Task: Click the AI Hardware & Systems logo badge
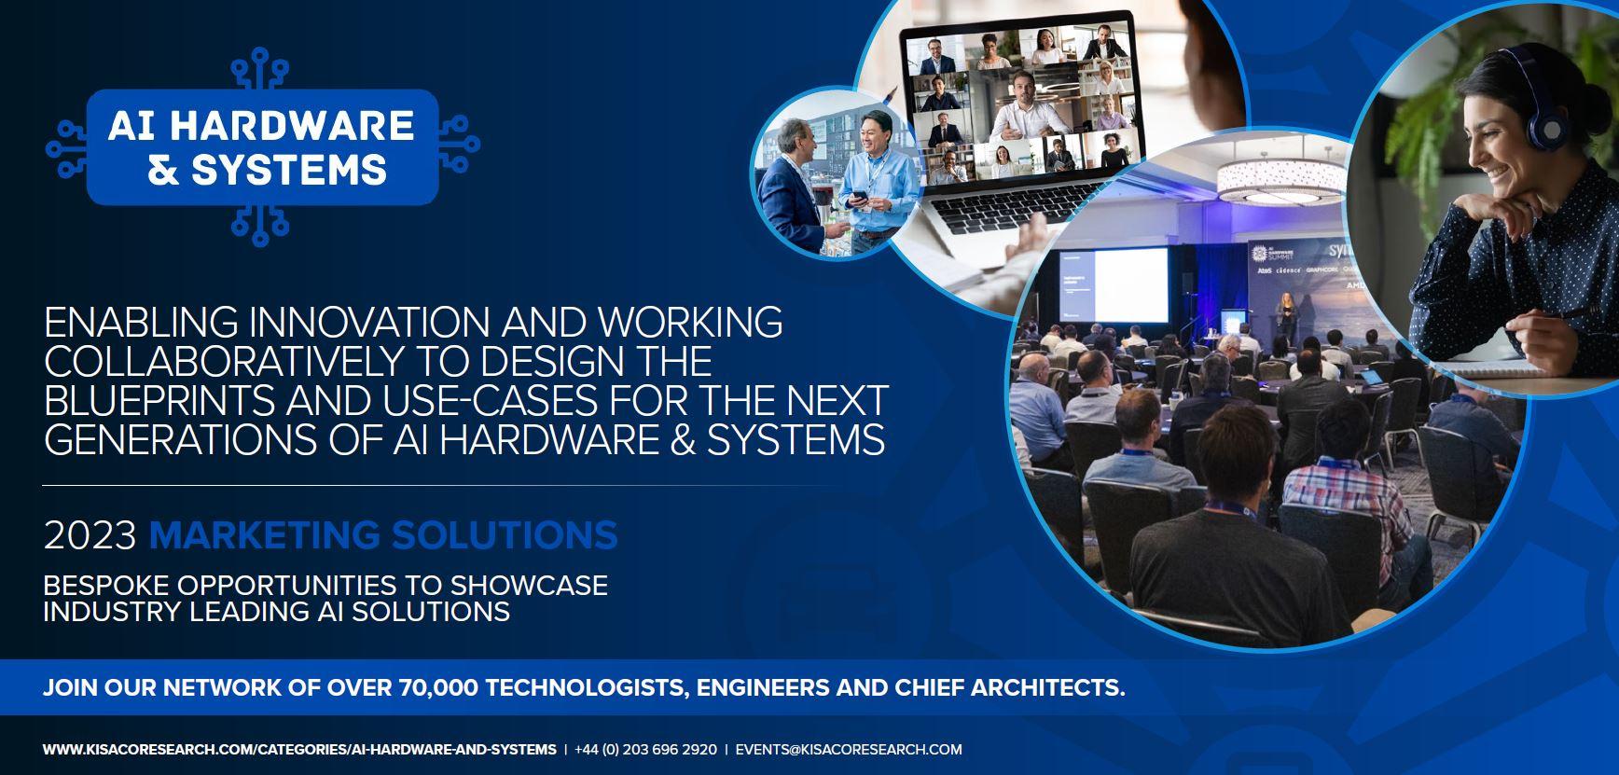tap(262, 146)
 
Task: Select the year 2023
tap(90, 536)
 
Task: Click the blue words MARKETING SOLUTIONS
tap(383, 536)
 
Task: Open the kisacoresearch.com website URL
tap(299, 749)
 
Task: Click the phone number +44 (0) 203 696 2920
tap(646, 749)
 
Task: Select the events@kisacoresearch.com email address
tap(849, 749)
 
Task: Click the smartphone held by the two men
tap(855, 198)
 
